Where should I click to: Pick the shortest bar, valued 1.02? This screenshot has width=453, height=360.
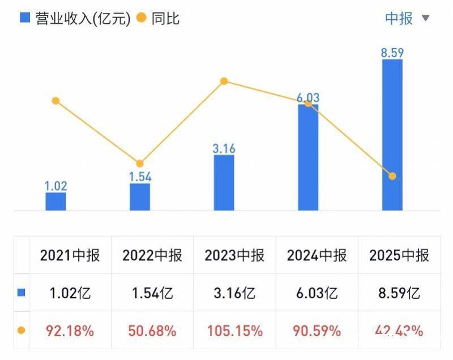(x=55, y=201)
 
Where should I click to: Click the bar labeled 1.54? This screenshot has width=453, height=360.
(x=140, y=196)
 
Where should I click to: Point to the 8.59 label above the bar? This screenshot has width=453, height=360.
(x=392, y=53)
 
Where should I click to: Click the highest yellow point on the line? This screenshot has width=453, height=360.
(x=224, y=82)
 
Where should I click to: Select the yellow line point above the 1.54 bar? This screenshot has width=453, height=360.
(x=140, y=164)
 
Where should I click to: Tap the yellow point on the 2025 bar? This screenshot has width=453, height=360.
(x=392, y=176)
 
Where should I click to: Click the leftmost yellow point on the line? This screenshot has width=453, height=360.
(x=55, y=101)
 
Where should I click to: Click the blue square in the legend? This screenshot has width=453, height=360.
(x=24, y=18)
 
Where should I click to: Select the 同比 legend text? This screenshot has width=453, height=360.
(x=165, y=18)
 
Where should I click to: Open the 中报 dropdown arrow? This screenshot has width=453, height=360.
(x=426, y=19)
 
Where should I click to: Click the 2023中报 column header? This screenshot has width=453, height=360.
(x=234, y=255)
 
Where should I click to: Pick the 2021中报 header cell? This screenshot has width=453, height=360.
(x=70, y=255)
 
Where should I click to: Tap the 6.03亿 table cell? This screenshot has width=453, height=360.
(x=317, y=293)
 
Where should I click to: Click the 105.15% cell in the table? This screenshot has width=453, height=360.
(x=234, y=330)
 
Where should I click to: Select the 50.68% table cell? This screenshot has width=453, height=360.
(x=152, y=330)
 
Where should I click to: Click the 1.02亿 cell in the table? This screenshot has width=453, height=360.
(x=70, y=293)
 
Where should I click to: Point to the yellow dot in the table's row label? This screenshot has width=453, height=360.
(x=21, y=330)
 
